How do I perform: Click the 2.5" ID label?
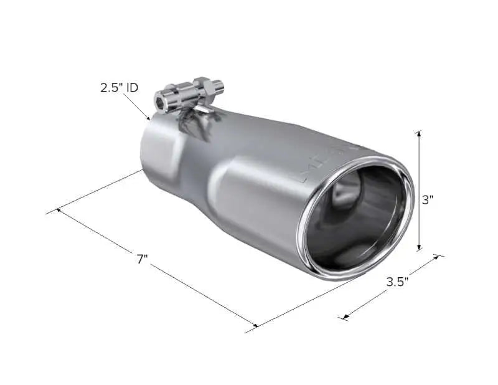coord(119,88)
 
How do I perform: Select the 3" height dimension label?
coord(428,200)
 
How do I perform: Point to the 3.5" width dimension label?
coord(397,281)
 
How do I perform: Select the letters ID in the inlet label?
coord(132,88)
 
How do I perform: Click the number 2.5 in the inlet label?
coord(111,88)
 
